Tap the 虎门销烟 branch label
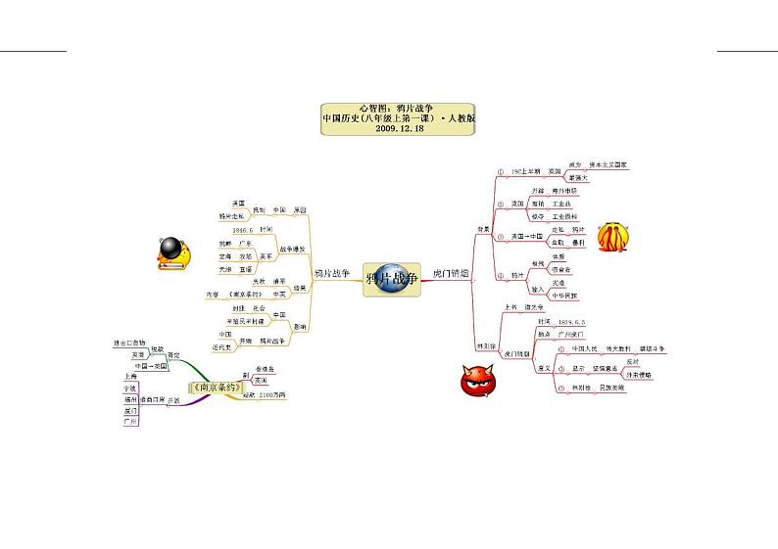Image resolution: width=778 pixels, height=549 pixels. (x=451, y=277)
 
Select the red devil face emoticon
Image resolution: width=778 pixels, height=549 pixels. (x=480, y=380)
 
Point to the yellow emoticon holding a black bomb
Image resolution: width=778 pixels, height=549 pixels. (x=174, y=252)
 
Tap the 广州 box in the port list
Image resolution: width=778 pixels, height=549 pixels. (x=130, y=423)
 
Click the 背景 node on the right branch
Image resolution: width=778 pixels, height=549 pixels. (x=482, y=230)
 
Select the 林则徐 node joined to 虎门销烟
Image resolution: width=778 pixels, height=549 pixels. (x=485, y=345)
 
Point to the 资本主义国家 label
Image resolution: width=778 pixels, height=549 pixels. (x=608, y=165)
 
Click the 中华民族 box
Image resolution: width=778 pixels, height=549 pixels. (x=564, y=295)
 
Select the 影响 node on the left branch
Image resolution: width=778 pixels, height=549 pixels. (x=299, y=327)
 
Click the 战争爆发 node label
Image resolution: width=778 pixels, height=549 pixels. (x=292, y=249)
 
